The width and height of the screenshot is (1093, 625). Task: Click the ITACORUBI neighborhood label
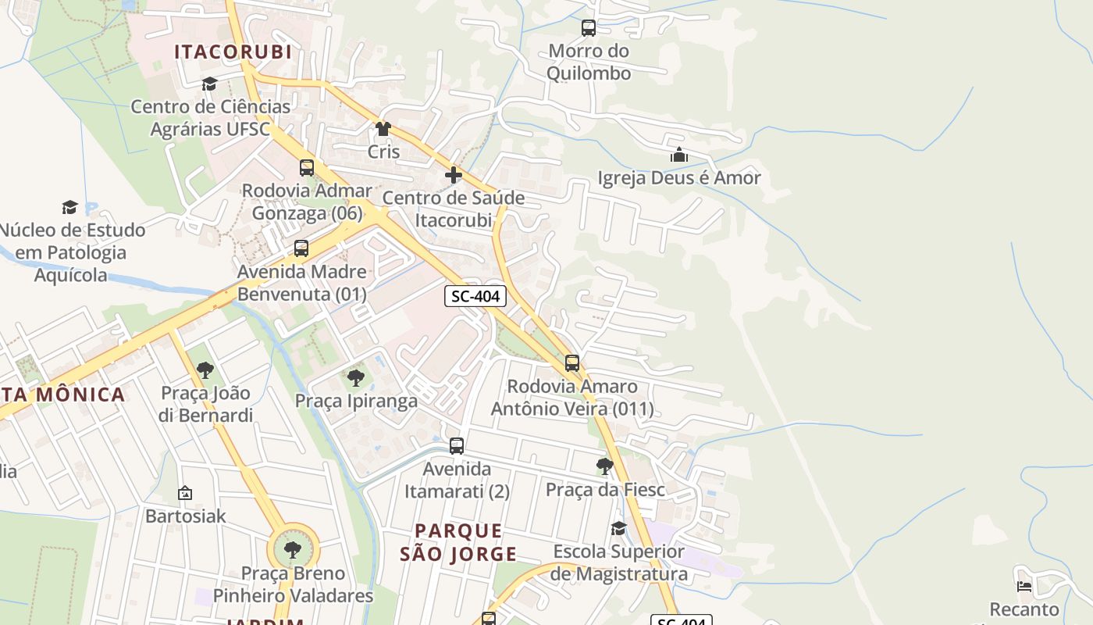233,52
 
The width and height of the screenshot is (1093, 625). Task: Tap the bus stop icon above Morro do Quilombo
589,28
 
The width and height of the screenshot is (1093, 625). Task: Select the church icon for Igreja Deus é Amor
679,155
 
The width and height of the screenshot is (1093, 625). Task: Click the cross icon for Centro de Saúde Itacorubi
454,175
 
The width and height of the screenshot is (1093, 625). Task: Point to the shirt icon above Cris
383,129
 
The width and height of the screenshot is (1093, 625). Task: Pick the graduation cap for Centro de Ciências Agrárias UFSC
209,84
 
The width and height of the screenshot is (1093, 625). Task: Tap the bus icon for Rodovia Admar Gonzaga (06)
307,168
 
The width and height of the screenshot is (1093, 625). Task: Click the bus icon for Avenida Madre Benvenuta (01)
301,249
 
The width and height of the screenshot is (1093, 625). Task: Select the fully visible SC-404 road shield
475,297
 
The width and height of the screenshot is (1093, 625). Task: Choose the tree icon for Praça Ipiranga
356,378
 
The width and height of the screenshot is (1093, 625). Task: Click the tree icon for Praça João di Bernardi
205,370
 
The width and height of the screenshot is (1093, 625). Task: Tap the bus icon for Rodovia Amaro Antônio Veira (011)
572,363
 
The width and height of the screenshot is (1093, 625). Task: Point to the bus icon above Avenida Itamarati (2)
457,446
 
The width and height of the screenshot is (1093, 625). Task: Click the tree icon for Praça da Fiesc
604,466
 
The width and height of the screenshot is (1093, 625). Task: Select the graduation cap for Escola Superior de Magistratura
618,529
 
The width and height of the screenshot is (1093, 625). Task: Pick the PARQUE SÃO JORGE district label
458,542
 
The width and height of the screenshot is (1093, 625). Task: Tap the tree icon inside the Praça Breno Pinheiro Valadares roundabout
293,550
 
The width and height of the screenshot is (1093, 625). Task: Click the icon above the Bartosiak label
185,493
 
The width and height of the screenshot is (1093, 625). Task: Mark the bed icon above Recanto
1024,586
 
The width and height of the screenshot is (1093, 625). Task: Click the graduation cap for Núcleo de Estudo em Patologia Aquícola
70,207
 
